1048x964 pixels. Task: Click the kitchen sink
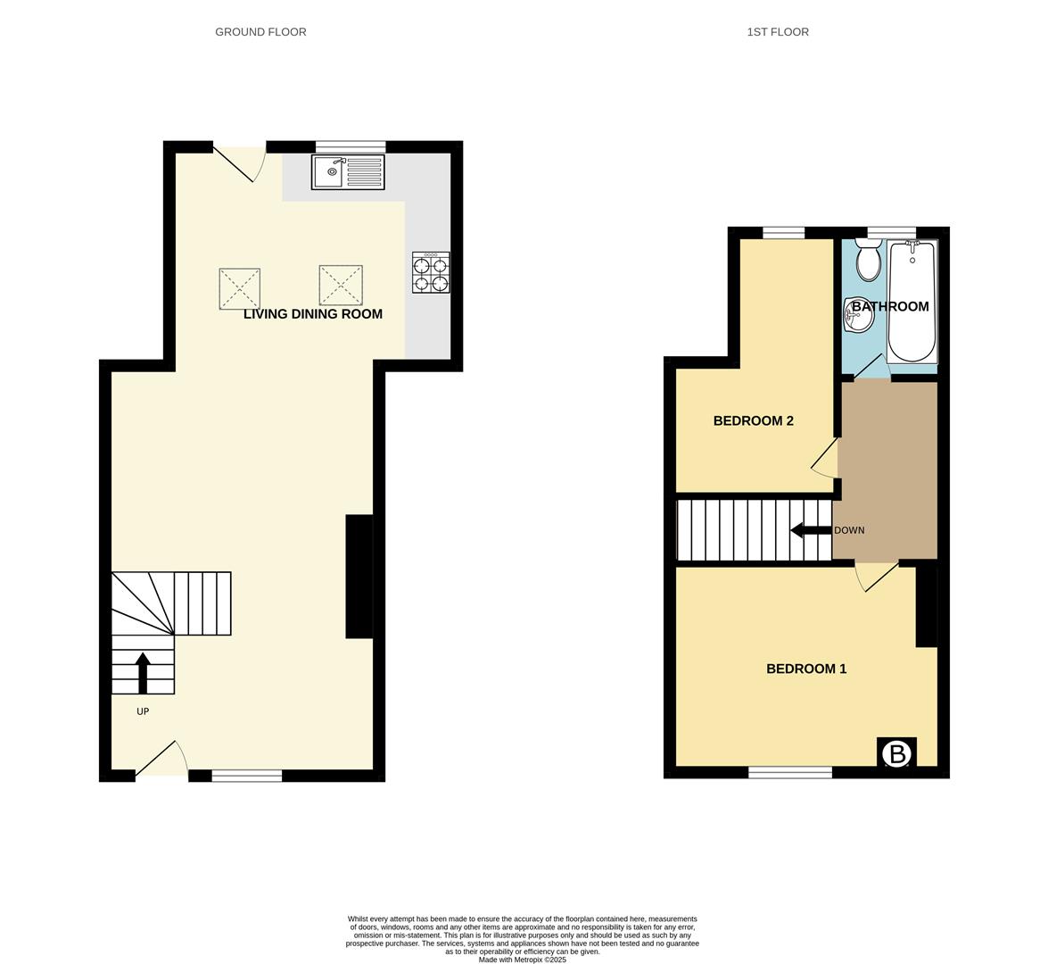348,172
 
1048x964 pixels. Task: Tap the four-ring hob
431,273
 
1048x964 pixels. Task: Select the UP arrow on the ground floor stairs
143,672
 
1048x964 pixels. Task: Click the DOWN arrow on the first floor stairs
811,530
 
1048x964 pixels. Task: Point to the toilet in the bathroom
867,260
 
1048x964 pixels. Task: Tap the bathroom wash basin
858,315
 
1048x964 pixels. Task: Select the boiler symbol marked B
896,753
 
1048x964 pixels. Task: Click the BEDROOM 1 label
806,669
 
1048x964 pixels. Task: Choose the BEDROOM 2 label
753,421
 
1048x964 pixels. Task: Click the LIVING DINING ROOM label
312,314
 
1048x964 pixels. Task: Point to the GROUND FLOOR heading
260,32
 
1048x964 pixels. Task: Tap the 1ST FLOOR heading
778,32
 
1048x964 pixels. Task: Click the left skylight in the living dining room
239,288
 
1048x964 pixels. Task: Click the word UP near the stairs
143,711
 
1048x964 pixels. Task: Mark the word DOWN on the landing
849,530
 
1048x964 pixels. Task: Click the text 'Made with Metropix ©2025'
522,960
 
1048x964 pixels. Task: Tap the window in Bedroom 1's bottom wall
789,772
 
